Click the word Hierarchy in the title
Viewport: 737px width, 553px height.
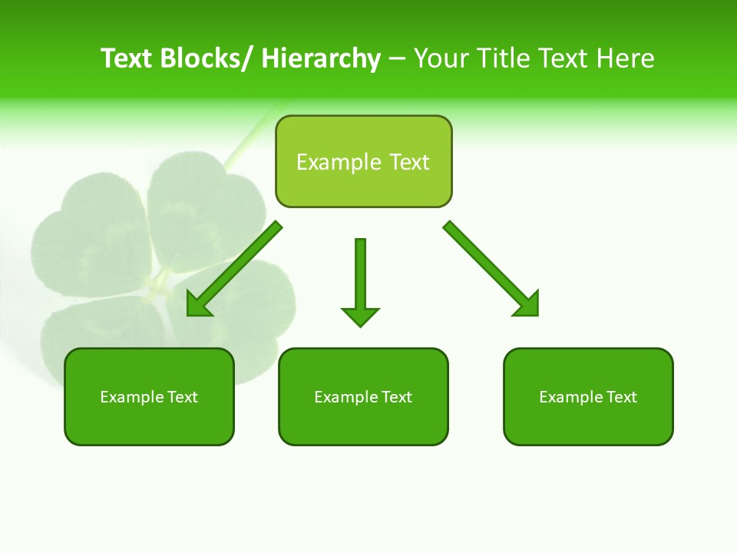[321, 58]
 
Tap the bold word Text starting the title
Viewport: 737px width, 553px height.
[128, 58]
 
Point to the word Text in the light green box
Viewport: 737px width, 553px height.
[409, 162]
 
